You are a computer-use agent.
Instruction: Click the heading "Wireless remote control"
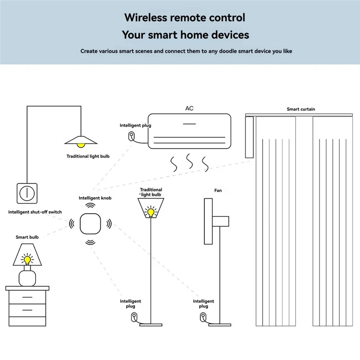tap(185, 18)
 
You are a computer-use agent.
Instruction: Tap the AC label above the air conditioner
tap(189, 109)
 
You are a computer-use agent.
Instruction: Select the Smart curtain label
tap(301, 109)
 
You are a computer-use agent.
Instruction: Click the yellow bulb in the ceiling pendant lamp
tap(81, 144)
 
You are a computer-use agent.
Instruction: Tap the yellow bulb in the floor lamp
tap(151, 211)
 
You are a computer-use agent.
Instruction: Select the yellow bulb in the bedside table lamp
tap(27, 259)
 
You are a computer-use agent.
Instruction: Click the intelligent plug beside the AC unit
tap(131, 135)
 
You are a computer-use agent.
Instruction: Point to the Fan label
tap(218, 190)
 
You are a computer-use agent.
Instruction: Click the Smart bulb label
tap(28, 237)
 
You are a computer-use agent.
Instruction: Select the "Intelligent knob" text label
tap(95, 198)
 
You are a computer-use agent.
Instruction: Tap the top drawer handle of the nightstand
tap(27, 297)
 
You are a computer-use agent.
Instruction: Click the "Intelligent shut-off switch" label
tap(35, 212)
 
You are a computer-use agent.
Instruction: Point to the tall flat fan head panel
tap(208, 221)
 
